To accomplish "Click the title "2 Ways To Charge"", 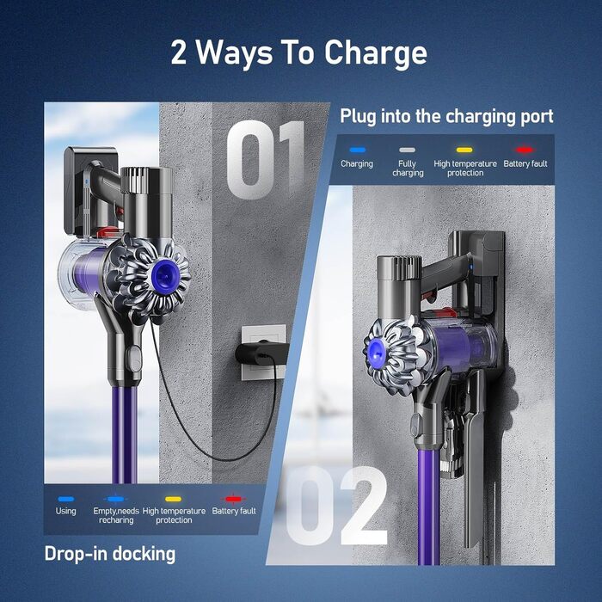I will [x=298, y=53].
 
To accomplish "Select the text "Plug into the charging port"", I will [x=446, y=116].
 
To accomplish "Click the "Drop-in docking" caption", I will [x=109, y=553].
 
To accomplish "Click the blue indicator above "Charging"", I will [x=356, y=150].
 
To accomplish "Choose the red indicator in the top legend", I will [x=525, y=150].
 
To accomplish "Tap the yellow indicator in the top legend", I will [x=465, y=150].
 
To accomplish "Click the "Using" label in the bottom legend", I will [x=65, y=511].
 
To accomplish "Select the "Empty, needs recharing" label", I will [x=115, y=515].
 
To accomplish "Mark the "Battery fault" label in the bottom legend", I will [x=235, y=511].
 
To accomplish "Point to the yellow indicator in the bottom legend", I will [x=174, y=499].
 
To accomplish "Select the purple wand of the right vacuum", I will [x=425, y=507].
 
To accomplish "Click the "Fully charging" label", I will [x=408, y=168].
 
